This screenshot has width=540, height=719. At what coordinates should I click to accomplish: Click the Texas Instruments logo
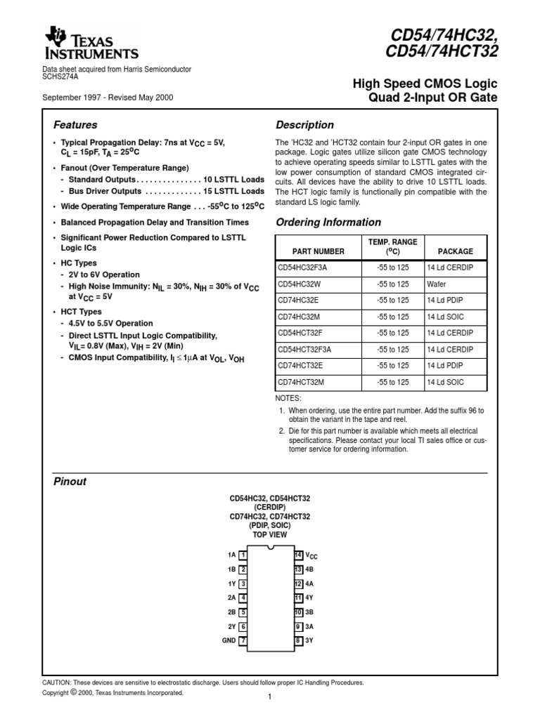(x=91, y=44)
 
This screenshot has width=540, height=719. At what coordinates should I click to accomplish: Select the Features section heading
(x=75, y=125)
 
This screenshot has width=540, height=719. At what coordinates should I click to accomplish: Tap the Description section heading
(x=304, y=125)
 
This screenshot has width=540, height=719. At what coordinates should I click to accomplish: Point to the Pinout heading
(x=70, y=482)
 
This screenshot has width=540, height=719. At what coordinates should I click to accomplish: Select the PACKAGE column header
(x=455, y=251)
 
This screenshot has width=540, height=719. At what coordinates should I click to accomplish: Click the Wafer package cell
(x=436, y=284)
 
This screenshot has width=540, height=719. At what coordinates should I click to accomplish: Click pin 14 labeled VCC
(x=299, y=555)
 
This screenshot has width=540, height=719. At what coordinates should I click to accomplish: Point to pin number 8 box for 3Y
(x=299, y=640)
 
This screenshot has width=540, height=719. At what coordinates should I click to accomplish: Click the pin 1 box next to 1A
(x=243, y=555)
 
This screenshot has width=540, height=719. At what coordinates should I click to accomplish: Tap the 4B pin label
(x=310, y=569)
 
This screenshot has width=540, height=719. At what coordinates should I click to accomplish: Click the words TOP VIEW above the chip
(x=270, y=534)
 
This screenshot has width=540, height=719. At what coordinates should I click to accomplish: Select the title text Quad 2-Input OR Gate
(x=433, y=98)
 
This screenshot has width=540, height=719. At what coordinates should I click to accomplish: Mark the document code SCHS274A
(x=60, y=77)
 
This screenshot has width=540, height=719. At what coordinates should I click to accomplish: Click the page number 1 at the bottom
(x=269, y=697)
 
